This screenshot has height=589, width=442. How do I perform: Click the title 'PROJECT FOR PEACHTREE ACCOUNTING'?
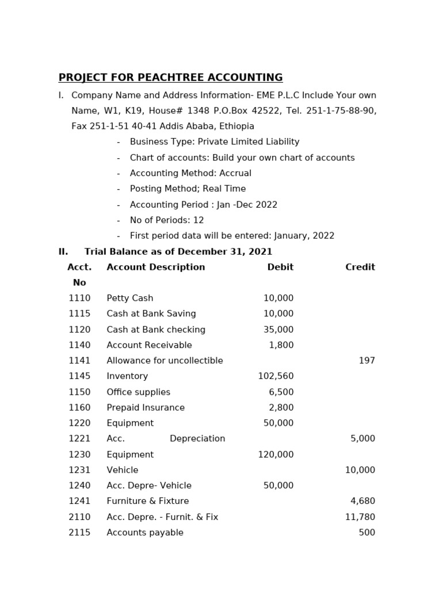[x=170, y=78]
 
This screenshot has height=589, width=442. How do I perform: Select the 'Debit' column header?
[x=280, y=267]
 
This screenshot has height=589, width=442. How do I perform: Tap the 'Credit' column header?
[x=360, y=267]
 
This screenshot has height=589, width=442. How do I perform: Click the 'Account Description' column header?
[x=155, y=267]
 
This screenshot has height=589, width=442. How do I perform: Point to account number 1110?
[x=79, y=298]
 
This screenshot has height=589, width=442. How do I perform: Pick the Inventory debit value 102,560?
[x=276, y=376]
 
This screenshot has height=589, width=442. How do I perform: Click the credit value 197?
[x=367, y=361]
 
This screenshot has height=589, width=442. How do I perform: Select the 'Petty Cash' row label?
[x=129, y=298]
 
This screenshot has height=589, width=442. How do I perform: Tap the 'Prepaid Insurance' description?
[x=146, y=408]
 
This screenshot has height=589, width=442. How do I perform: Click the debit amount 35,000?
[x=279, y=330]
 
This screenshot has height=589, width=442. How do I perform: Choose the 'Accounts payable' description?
[x=145, y=533]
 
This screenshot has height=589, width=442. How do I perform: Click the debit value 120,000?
[x=276, y=454]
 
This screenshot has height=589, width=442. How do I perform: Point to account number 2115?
[x=79, y=533]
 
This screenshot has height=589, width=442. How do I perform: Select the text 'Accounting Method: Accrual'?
[x=190, y=173]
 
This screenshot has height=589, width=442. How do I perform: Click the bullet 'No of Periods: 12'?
[x=167, y=220]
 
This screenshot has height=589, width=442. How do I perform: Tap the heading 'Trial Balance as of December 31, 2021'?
[x=178, y=251]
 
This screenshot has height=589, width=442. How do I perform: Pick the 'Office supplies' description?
[x=138, y=392]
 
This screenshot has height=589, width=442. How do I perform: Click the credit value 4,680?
[x=363, y=501]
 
